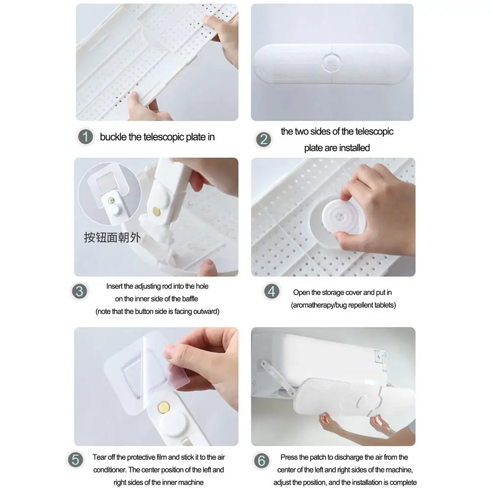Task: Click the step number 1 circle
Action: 86,137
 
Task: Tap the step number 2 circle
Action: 263,140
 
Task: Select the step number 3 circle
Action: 80,291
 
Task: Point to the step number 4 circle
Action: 271,291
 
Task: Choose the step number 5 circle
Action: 75,460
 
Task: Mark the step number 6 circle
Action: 261,461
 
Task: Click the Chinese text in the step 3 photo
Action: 112,237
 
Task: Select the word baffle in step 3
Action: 190,299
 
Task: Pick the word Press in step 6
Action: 288,457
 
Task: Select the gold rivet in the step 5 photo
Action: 164,407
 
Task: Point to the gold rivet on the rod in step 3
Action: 156,211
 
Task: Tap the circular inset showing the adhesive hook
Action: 110,193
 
